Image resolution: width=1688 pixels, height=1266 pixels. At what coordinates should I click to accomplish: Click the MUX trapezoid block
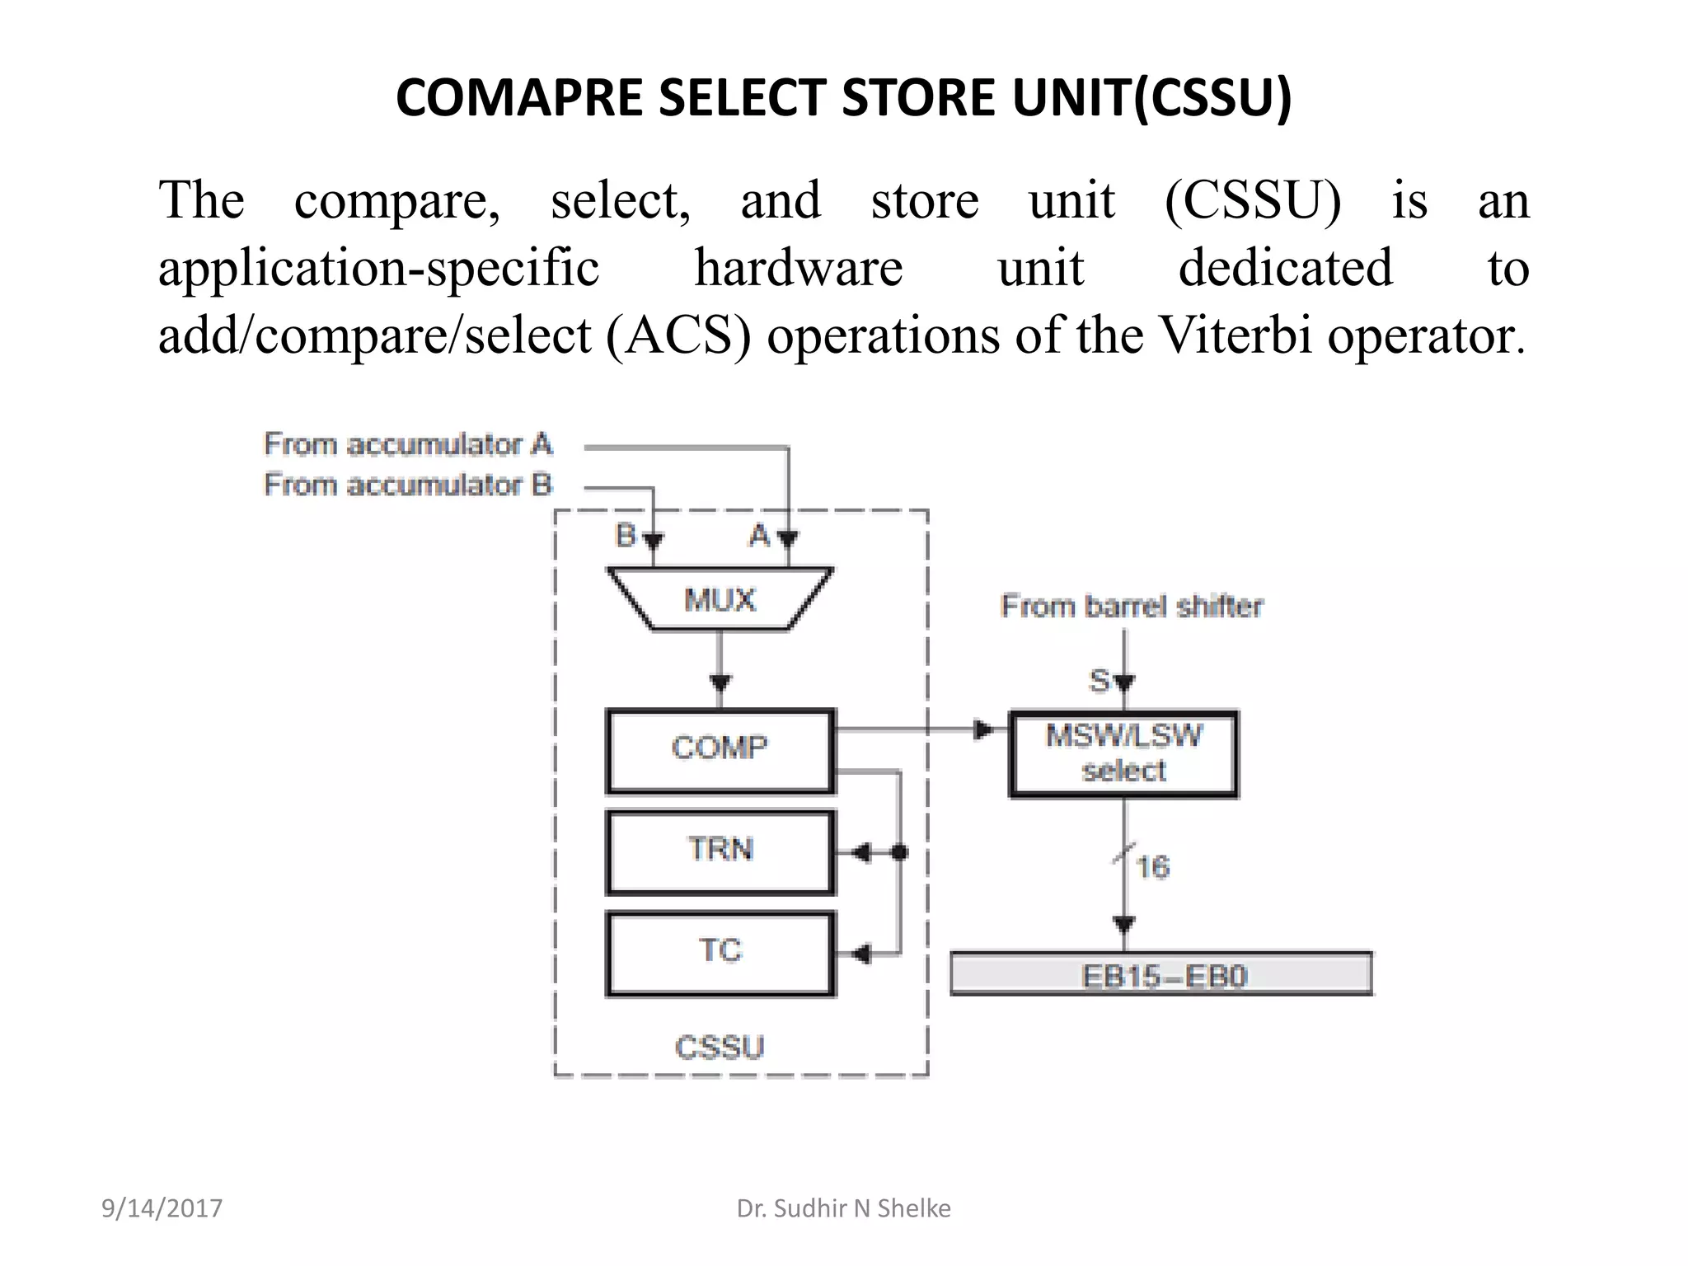coord(720,599)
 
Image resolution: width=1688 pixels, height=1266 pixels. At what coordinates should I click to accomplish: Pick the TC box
coord(720,953)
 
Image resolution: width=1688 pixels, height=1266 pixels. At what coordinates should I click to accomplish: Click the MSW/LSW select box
coord(1123,753)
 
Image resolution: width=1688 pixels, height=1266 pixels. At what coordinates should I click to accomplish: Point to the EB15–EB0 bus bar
coord(1161,975)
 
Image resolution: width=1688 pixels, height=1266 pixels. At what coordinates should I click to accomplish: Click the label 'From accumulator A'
coord(408,444)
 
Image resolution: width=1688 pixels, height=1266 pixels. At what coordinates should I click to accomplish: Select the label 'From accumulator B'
coord(408,485)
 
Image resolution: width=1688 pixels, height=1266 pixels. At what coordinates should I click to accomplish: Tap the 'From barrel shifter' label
coord(1132,607)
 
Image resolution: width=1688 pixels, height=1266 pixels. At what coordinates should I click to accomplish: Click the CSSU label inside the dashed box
coord(720,1048)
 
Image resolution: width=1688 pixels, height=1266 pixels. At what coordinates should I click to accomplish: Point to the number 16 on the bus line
coord(1152,867)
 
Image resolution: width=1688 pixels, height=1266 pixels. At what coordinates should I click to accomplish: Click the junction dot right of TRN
coord(900,852)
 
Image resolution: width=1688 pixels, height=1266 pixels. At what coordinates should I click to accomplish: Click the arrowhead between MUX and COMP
coord(720,683)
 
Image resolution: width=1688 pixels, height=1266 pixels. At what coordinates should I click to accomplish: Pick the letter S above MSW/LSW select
coord(1100,681)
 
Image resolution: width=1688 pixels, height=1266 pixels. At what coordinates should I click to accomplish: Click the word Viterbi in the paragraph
coord(1235,335)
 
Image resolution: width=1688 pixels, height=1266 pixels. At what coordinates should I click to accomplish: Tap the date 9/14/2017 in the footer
coord(162,1208)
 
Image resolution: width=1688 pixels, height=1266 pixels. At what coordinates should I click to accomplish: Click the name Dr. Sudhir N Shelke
coord(843,1208)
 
